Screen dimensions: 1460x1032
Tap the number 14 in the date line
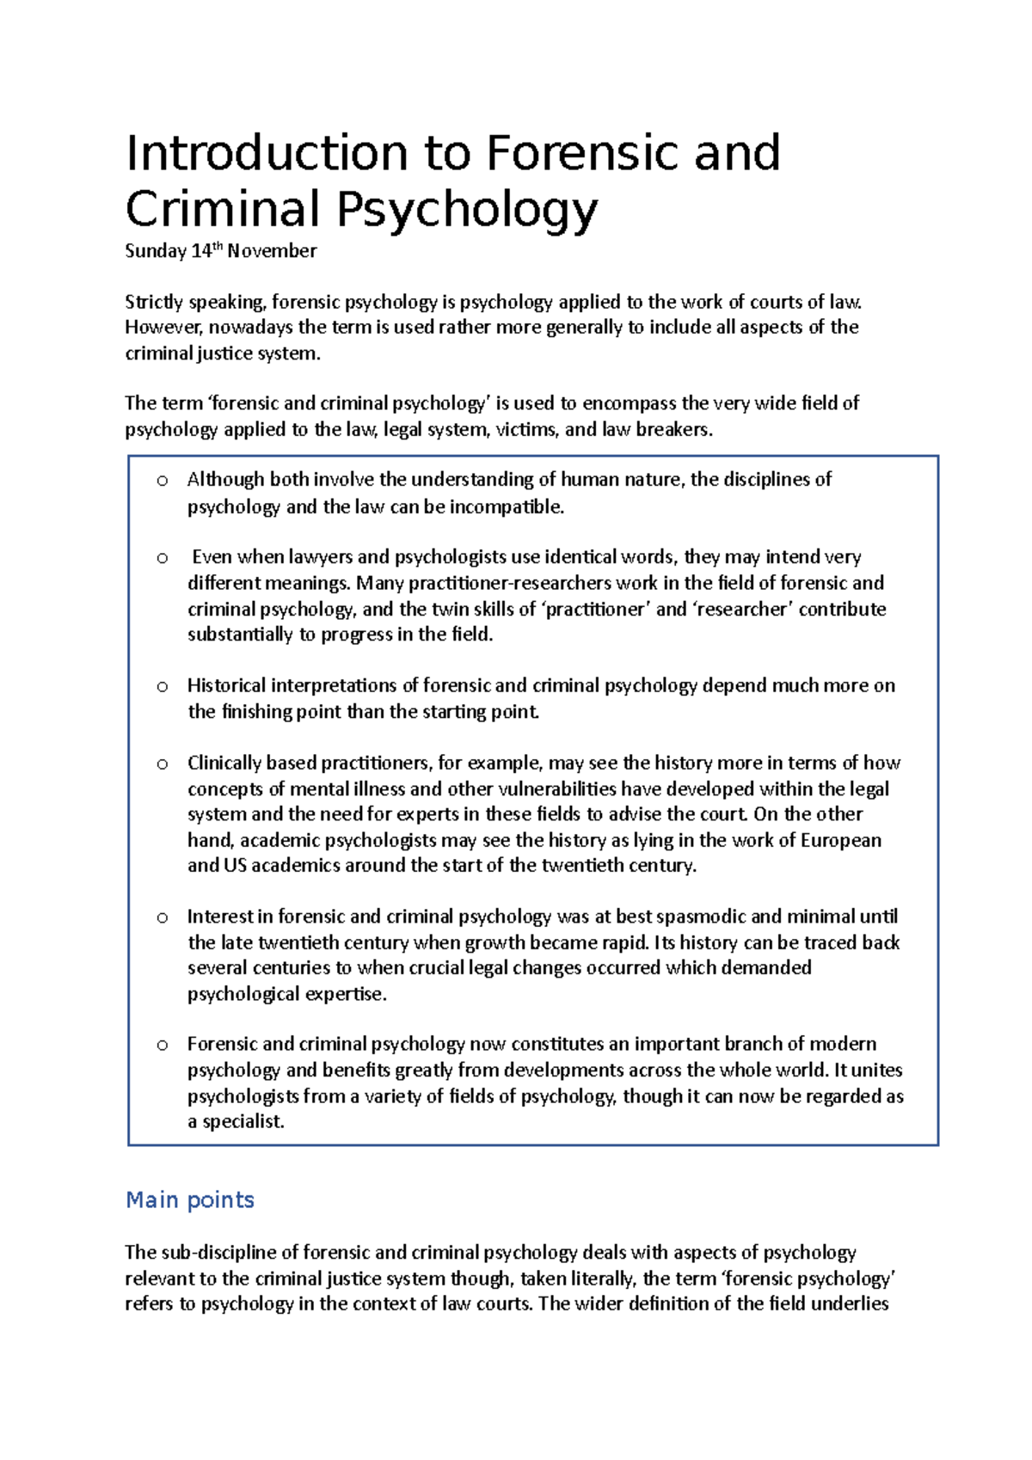(201, 251)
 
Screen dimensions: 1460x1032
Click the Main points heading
(190, 1200)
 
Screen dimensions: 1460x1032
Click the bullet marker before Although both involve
(162, 481)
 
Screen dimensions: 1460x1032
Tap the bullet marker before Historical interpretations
(162, 687)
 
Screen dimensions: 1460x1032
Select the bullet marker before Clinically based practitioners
(162, 764)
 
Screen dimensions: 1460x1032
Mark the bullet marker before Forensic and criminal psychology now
(162, 1046)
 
